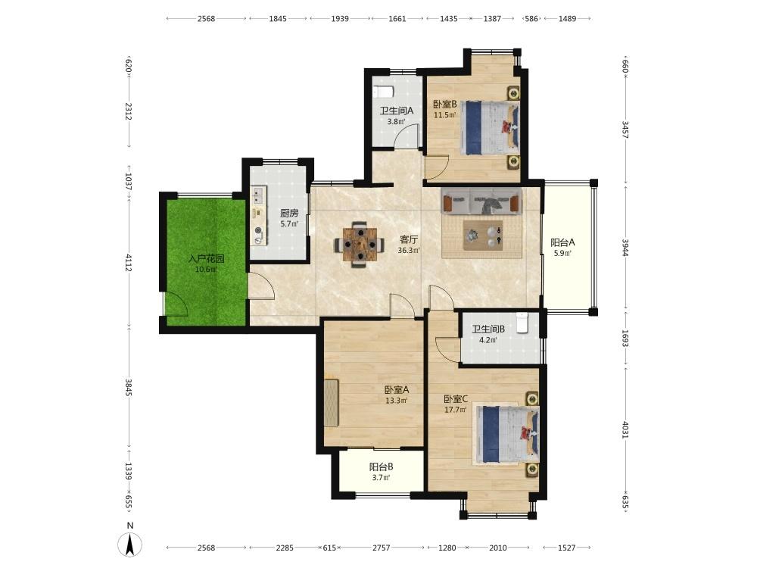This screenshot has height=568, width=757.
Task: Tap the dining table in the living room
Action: click(360, 244)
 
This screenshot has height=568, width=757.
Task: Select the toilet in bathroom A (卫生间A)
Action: click(384, 92)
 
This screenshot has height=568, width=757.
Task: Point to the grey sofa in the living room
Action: click(481, 201)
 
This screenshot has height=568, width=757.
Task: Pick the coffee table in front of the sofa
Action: click(483, 236)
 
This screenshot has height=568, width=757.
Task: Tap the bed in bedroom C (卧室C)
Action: click(507, 434)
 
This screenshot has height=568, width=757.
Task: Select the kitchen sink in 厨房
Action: click(257, 195)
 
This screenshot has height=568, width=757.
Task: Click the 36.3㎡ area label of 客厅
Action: click(409, 251)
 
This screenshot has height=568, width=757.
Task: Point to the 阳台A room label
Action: click(563, 242)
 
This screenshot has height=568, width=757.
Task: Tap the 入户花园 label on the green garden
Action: click(206, 259)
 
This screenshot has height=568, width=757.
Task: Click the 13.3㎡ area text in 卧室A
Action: click(397, 401)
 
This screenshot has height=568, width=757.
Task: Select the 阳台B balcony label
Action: click(381, 467)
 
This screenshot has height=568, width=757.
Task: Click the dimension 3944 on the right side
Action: click(625, 248)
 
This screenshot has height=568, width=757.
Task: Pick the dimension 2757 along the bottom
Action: click(381, 548)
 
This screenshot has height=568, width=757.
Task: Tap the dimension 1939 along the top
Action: click(340, 19)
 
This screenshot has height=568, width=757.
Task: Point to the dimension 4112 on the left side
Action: click(129, 262)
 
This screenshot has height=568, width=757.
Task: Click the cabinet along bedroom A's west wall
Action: click(332, 404)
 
